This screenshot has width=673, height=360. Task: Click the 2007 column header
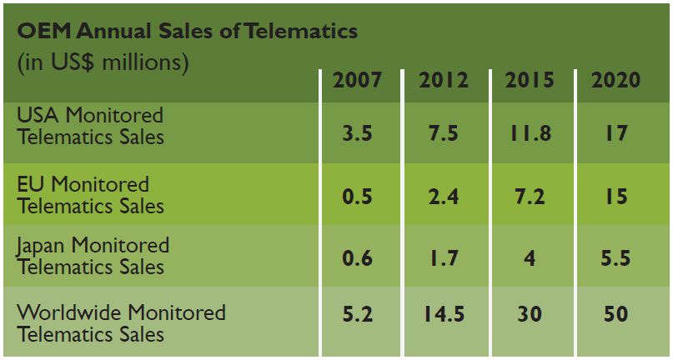(x=357, y=80)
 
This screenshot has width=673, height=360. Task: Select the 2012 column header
(x=444, y=80)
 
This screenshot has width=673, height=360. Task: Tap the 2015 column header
(x=530, y=80)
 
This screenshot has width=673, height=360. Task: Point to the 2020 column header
(x=615, y=80)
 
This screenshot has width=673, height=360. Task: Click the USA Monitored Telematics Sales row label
(x=90, y=125)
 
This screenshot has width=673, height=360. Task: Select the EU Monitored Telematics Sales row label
(x=90, y=194)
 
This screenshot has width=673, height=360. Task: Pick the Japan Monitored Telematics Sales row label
(x=93, y=256)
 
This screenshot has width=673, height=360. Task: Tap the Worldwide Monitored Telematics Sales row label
(x=121, y=323)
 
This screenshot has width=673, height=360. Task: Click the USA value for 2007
(x=357, y=133)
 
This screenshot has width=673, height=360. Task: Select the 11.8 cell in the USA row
(x=530, y=133)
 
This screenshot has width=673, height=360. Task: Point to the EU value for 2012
(x=444, y=197)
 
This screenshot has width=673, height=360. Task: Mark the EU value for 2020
(x=615, y=197)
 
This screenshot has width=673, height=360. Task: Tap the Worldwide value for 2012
(x=444, y=314)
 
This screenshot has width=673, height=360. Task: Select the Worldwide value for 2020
(x=615, y=314)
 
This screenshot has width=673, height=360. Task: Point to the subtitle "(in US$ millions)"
(x=103, y=62)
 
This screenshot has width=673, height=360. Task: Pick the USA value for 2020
(x=615, y=133)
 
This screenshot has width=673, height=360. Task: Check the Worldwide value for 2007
(x=357, y=314)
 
